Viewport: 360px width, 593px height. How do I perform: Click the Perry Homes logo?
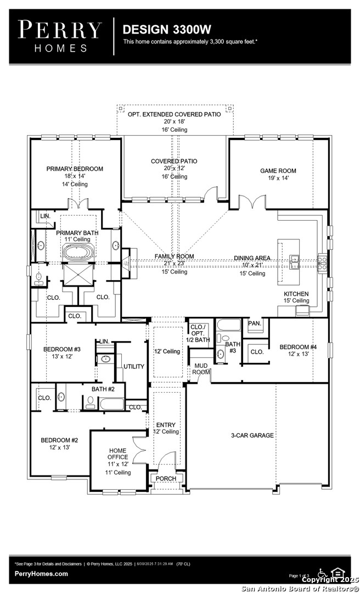[59, 36]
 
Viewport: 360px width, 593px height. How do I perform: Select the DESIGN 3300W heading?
[159, 29]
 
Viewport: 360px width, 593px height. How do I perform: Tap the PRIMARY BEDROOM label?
[75, 169]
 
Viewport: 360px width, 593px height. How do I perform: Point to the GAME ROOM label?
[278, 171]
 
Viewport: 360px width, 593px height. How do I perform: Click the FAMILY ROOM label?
[174, 256]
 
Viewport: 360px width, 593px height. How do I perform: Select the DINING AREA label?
[252, 258]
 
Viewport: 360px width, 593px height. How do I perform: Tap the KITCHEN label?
[296, 294]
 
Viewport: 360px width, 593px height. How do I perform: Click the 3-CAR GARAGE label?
[251, 435]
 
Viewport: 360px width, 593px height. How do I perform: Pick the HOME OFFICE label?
[117, 454]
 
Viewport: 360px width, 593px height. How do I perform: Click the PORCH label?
[166, 478]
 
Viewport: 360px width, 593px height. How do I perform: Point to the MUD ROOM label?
[200, 368]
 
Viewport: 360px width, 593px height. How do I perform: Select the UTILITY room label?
[133, 366]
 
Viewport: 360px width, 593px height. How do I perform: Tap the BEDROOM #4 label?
[298, 346]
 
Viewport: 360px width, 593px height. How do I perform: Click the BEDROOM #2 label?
[59, 440]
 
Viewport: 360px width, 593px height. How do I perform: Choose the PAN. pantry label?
[254, 323]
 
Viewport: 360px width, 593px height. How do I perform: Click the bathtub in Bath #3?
[228, 325]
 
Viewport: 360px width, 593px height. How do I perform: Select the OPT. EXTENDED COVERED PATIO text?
[174, 114]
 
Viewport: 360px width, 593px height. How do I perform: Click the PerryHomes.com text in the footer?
[41, 574]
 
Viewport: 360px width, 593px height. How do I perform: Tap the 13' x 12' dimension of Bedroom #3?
[61, 356]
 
